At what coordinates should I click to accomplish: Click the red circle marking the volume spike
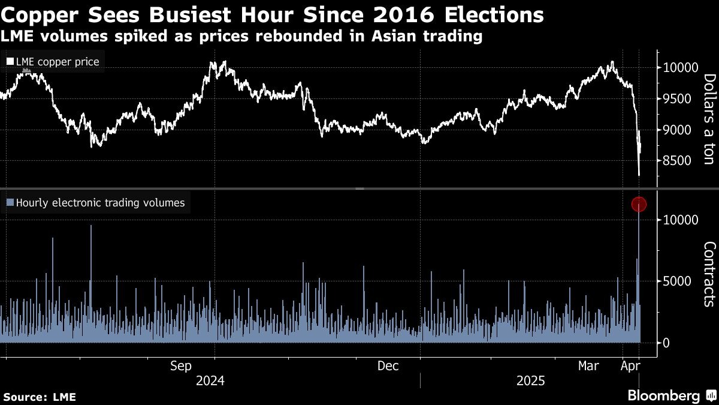click(x=639, y=205)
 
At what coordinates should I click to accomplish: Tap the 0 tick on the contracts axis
click(x=666, y=343)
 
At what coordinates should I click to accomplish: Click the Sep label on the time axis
click(x=181, y=366)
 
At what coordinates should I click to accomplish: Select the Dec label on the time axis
click(x=388, y=366)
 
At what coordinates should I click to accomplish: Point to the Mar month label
click(x=588, y=366)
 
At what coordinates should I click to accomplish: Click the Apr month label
click(x=630, y=366)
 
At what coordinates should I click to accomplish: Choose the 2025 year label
click(x=531, y=380)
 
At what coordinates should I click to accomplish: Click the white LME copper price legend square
click(x=10, y=61)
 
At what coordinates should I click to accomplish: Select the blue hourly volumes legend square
click(x=10, y=203)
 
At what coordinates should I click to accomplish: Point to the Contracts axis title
click(x=709, y=274)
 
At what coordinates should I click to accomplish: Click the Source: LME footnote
click(x=40, y=397)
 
